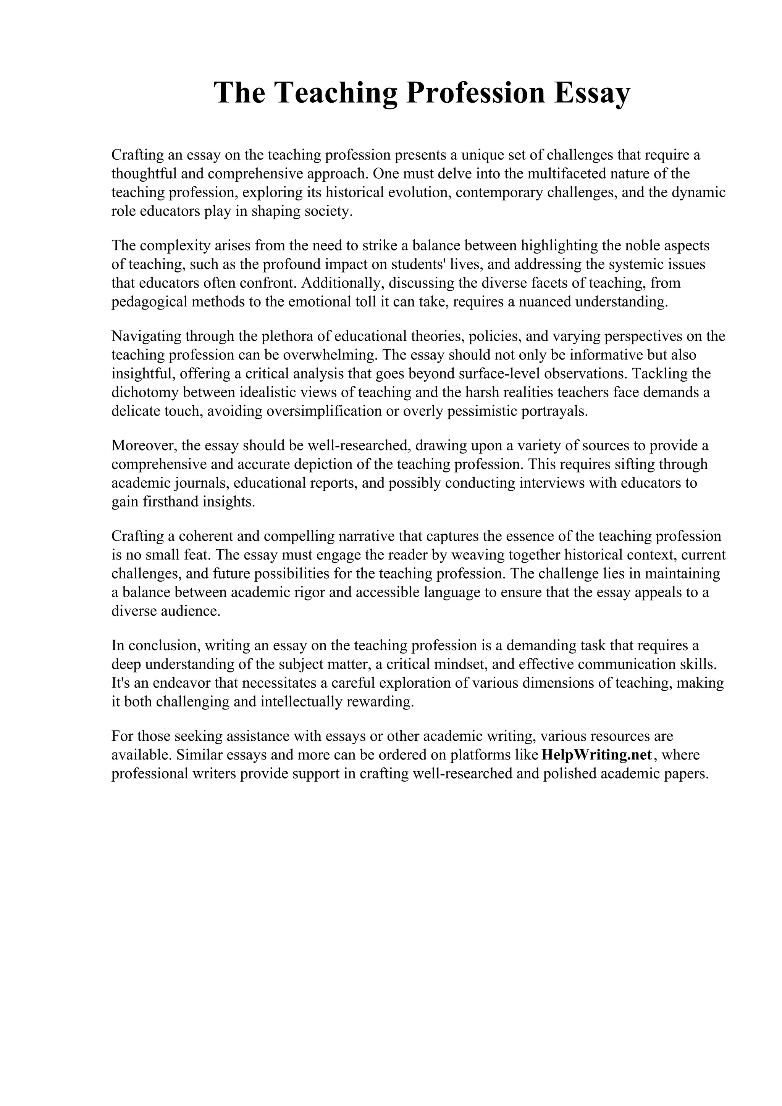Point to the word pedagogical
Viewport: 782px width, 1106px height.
click(149, 302)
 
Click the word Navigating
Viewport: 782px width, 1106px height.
click(146, 336)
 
